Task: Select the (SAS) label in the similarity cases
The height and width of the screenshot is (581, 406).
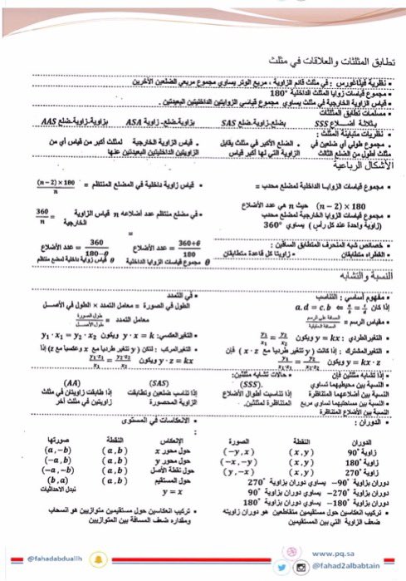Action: point(172,382)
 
